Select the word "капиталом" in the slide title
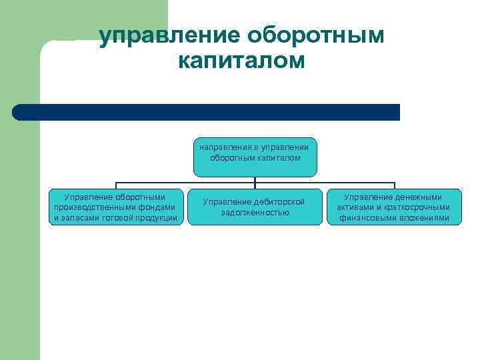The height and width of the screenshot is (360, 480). click(x=241, y=61)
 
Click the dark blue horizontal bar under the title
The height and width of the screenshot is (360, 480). click(x=207, y=112)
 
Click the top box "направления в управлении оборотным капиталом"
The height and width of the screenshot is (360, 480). click(x=255, y=157)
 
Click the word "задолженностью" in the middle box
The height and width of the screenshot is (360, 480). click(x=255, y=213)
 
